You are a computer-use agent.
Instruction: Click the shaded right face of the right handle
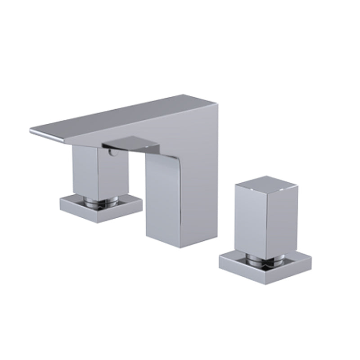click(282, 220)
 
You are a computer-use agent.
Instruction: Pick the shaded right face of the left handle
click(112, 173)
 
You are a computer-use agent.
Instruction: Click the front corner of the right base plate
click(265, 283)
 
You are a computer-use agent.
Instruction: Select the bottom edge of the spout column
click(180, 246)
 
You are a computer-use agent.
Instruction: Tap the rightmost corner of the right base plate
click(311, 258)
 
